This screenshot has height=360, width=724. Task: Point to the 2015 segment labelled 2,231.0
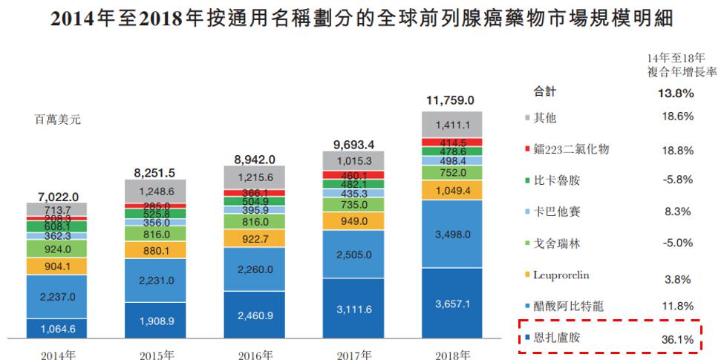(155, 280)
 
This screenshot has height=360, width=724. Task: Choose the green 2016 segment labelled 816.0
(254, 220)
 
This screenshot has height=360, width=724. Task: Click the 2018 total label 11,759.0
(450, 99)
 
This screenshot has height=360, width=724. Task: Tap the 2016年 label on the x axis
(253, 353)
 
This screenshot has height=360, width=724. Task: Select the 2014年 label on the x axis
(56, 353)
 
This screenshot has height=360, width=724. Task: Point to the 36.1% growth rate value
(676, 338)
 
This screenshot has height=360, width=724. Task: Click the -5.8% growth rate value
(676, 180)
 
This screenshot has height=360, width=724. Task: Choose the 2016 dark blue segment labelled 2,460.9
(254, 315)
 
